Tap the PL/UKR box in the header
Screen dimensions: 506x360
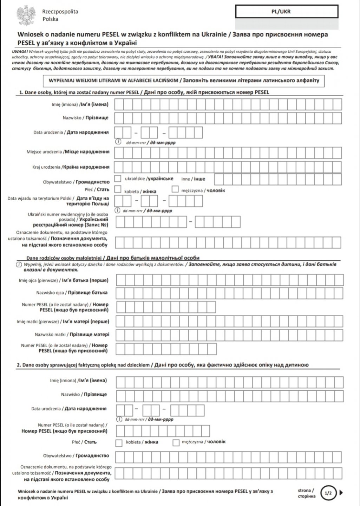(286, 12)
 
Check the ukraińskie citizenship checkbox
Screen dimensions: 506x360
(118, 179)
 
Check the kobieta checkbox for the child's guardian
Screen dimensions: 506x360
(119, 442)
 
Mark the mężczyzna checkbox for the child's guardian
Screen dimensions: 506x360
(176, 442)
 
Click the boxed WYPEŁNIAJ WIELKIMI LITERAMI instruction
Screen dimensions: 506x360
(182, 80)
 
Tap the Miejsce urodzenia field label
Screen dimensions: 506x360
(68, 152)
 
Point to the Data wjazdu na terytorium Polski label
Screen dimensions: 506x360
(58, 201)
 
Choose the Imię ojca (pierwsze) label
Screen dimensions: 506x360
(64, 280)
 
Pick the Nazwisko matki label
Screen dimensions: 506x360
(72, 334)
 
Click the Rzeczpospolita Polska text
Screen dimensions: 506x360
(60, 15)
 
